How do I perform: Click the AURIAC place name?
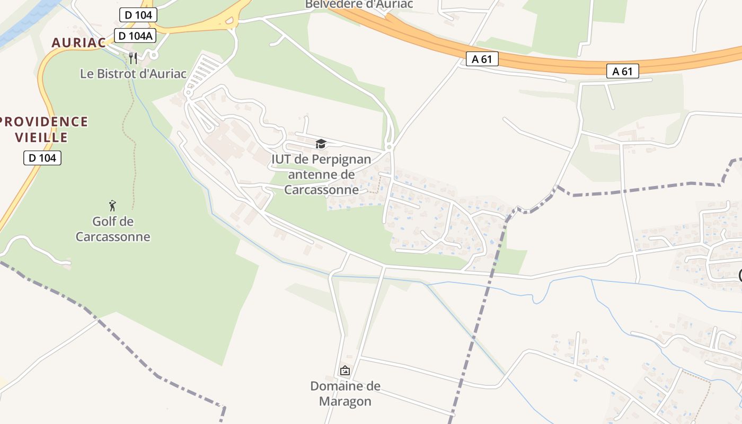(x=78, y=43)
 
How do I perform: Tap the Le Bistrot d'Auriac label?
(x=133, y=74)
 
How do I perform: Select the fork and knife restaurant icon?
(x=133, y=58)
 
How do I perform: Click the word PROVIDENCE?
(x=44, y=121)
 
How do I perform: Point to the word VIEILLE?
(x=41, y=138)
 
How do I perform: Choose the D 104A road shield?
(x=135, y=36)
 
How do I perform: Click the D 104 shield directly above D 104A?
(x=138, y=15)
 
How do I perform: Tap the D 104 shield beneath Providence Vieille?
(x=42, y=157)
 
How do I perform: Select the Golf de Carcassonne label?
(x=112, y=229)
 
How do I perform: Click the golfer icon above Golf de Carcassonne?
(x=112, y=206)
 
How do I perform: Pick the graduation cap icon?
(x=321, y=144)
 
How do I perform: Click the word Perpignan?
(x=341, y=159)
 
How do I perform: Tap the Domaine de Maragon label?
(x=345, y=393)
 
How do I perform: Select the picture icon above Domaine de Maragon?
(x=345, y=370)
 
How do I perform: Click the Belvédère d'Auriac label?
(x=359, y=5)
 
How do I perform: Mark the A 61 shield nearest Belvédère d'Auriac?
(x=482, y=59)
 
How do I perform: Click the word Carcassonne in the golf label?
(x=112, y=237)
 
